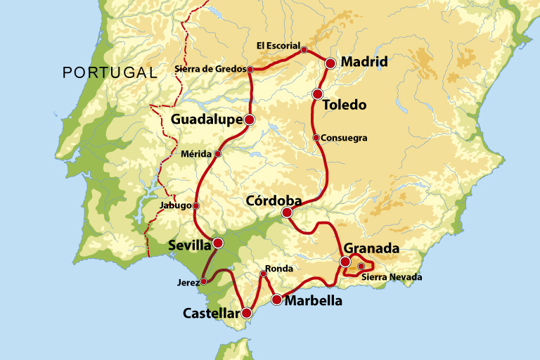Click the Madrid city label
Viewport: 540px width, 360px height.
tap(364, 62)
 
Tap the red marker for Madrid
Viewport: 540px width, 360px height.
tap(330, 63)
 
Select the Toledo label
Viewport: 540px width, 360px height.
tap(344, 105)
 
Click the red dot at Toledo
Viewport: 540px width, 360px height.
tap(317, 94)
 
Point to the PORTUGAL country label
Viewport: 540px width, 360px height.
tap(109, 72)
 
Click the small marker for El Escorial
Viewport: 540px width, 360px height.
tap(304, 50)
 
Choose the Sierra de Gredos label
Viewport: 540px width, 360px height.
tap(210, 69)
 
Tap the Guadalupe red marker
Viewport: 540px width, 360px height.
tap(249, 120)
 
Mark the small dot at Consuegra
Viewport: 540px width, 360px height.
tap(316, 138)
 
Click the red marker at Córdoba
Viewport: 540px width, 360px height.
tap(287, 212)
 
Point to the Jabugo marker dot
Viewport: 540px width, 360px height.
tap(196, 206)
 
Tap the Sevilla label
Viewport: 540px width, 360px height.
tap(189, 245)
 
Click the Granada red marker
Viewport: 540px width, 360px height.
tap(345, 262)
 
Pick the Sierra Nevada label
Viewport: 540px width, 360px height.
tap(392, 277)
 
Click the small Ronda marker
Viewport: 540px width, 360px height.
tap(264, 274)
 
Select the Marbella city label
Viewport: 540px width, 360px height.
tap(314, 300)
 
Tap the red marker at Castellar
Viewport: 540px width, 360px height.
tap(247, 314)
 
